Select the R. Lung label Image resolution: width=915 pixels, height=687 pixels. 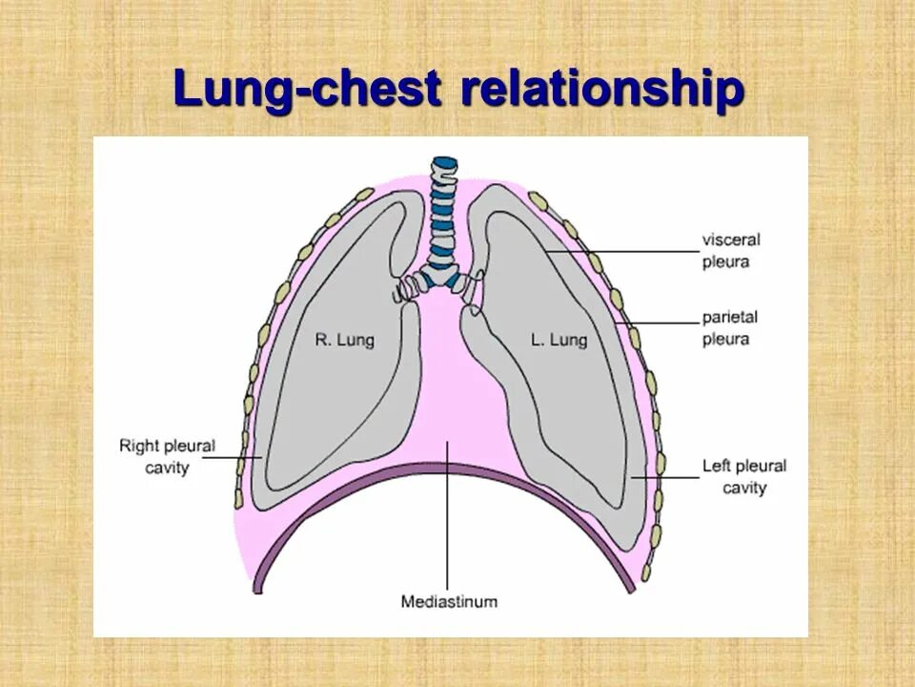tap(343, 340)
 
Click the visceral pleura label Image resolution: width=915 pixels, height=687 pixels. tap(732, 251)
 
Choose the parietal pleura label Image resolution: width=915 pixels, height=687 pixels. tap(730, 327)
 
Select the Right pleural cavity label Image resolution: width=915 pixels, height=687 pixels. tap(168, 456)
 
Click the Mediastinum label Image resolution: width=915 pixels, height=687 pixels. tap(449, 602)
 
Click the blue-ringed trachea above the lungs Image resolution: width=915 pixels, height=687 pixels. tap(441, 215)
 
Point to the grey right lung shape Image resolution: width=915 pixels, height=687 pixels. tap(324, 401)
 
